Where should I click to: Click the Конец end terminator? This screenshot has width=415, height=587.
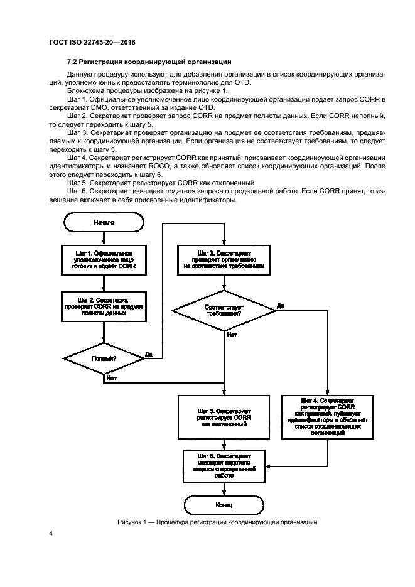(224, 504)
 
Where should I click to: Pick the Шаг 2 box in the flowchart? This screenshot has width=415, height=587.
(104, 306)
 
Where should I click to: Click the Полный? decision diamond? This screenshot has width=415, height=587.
(104, 358)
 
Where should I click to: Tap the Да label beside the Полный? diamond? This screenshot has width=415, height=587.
(149, 354)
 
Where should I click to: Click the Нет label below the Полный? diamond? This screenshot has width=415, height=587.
(111, 378)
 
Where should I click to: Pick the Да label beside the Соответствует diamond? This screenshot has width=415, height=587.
(280, 306)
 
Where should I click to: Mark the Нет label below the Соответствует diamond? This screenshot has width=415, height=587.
(232, 335)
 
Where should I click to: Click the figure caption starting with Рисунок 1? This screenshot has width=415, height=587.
(217, 522)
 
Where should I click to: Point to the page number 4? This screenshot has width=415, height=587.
(51, 533)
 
